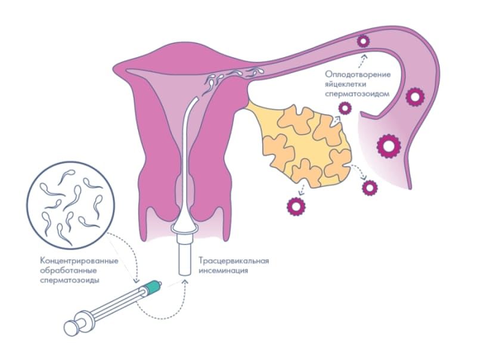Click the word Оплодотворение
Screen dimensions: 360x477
point(358,74)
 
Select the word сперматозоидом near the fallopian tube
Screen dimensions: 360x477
point(358,94)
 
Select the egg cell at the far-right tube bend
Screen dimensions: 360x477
point(414,97)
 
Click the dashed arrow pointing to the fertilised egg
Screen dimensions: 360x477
point(362,60)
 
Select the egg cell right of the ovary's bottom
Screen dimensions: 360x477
point(370,188)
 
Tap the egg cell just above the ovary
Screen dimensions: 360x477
point(345,108)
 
